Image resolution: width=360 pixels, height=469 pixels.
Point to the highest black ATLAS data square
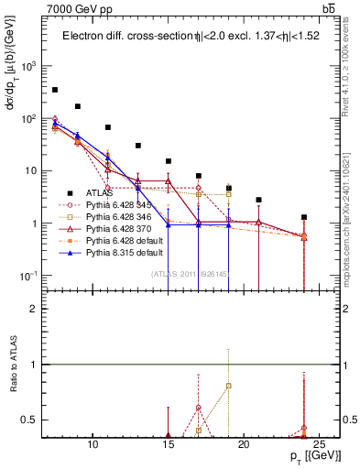(55, 90)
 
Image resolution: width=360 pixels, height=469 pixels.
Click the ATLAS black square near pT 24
(304, 217)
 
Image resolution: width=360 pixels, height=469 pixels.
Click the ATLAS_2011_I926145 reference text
(190, 273)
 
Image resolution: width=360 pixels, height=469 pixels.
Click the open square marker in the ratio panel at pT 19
(229, 386)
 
